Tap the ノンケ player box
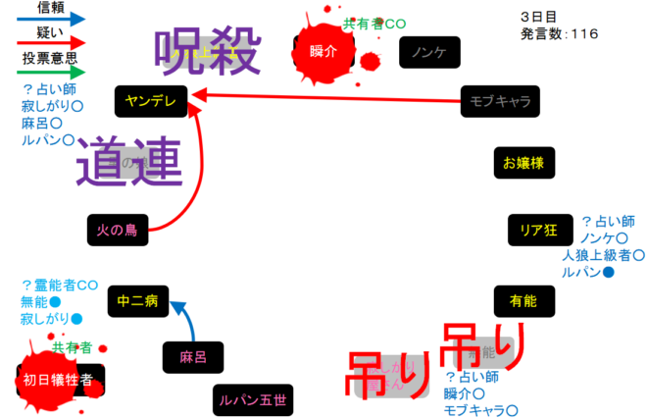coord(429,52)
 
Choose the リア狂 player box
coord(538,231)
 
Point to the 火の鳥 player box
coord(117,230)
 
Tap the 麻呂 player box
coord(193,357)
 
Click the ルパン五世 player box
coord(253,399)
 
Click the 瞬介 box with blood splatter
coord(323,51)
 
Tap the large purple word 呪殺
coord(209,52)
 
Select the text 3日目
coord(538,17)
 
